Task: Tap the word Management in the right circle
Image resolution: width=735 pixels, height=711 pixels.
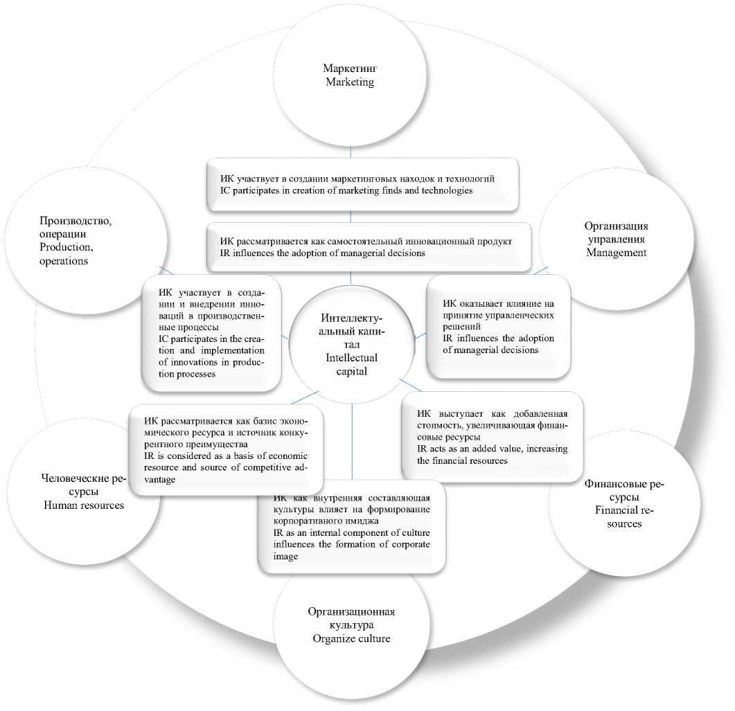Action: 616,253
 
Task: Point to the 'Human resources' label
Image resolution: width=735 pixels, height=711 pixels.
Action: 84,505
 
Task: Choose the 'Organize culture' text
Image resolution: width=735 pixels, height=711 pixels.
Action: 351,638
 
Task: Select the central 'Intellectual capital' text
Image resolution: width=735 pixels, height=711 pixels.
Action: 351,364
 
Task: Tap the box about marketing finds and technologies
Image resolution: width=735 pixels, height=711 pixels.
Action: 362,184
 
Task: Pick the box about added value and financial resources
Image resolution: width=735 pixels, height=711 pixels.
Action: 492,436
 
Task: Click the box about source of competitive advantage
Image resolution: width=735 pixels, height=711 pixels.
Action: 219,450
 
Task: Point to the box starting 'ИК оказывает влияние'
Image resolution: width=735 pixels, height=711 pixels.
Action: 498,326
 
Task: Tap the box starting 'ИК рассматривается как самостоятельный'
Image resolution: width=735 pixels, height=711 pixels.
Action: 367,247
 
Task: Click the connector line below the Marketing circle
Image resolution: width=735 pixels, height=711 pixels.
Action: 351,152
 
